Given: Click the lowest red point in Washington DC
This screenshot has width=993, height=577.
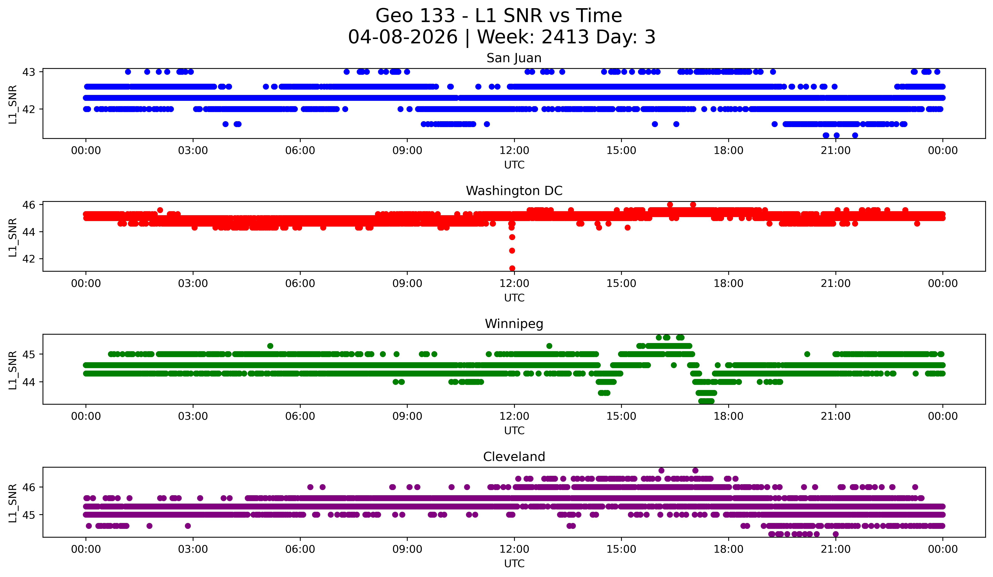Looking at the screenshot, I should click(x=512, y=268).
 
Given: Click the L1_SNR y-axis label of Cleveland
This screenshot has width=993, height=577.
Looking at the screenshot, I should click(x=13, y=503).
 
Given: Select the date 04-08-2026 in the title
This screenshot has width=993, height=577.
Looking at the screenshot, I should click(x=403, y=37).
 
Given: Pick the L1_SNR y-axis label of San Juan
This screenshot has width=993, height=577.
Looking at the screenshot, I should click(x=13, y=104).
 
